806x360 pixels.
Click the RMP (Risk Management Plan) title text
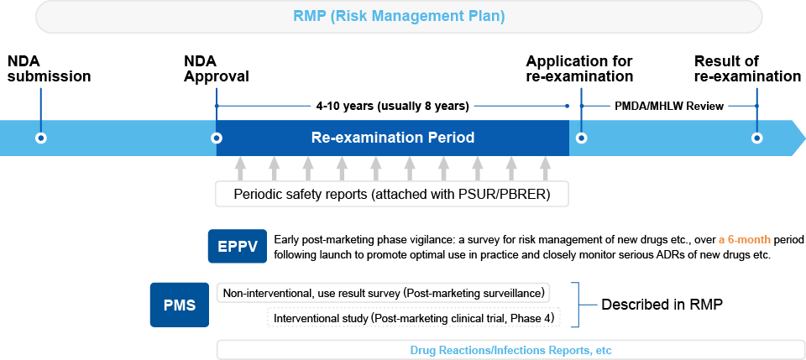(399, 16)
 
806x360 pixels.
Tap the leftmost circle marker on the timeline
(40, 138)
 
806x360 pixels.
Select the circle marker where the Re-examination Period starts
(217, 138)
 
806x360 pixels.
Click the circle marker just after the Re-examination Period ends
(581, 138)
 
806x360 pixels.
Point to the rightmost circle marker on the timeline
(756, 138)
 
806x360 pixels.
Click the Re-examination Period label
(393, 138)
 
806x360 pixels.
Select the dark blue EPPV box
(238, 247)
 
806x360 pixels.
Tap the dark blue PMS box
(179, 305)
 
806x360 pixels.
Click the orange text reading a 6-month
(744, 240)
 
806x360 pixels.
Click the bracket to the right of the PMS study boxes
(577, 305)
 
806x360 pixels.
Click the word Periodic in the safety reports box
(258, 195)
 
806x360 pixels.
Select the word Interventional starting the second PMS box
(307, 318)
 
